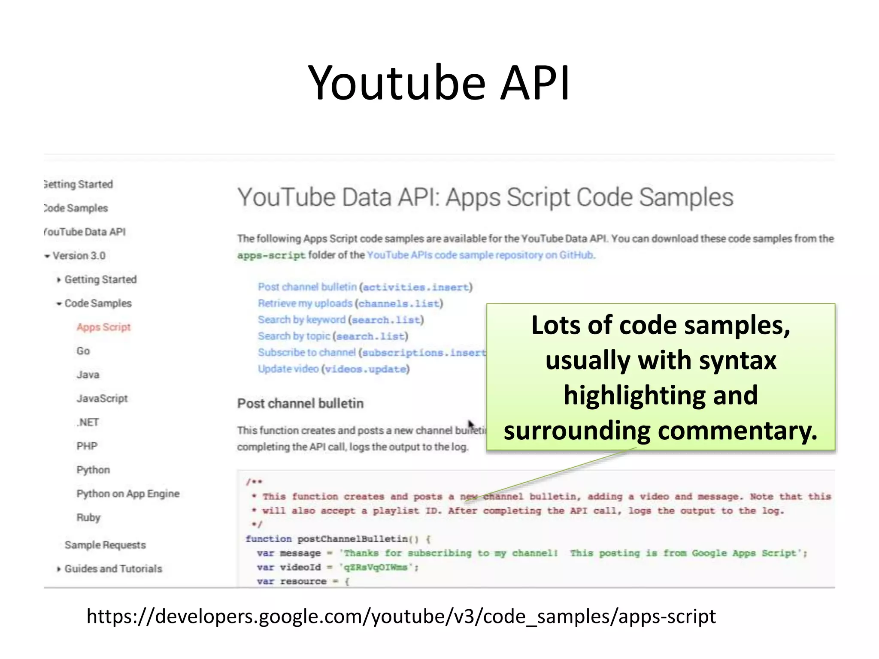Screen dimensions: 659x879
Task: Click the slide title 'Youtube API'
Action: pyautogui.click(x=439, y=82)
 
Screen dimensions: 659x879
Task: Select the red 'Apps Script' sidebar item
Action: pyautogui.click(x=103, y=327)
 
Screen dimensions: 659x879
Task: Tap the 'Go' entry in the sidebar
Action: pyautogui.click(x=83, y=351)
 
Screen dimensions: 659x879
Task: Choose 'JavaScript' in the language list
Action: pyautogui.click(x=102, y=399)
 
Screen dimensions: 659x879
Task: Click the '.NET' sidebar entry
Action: pyautogui.click(x=88, y=422)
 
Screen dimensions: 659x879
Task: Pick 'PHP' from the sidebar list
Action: pyautogui.click(x=87, y=446)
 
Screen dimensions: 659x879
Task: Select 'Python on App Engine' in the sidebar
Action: pyautogui.click(x=128, y=494)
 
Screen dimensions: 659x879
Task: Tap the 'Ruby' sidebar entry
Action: pyautogui.click(x=88, y=517)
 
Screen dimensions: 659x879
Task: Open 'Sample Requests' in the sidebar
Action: pyautogui.click(x=105, y=545)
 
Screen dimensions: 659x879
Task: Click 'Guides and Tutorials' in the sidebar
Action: pyautogui.click(x=113, y=569)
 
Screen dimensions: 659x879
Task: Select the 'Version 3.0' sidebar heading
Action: pyautogui.click(x=79, y=256)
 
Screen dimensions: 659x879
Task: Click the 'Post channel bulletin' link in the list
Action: pyautogui.click(x=307, y=287)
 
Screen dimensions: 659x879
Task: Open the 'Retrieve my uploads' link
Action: pyautogui.click(x=305, y=303)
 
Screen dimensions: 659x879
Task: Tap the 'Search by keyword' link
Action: pyautogui.click(x=302, y=320)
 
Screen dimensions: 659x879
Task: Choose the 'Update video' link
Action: pyautogui.click(x=288, y=369)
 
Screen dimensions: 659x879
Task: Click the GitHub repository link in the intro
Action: pyautogui.click(x=481, y=255)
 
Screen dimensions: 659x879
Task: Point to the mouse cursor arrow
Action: pyautogui.click(x=471, y=425)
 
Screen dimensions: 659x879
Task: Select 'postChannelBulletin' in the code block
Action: pyautogui.click(x=352, y=539)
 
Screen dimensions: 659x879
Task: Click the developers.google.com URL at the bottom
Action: pyautogui.click(x=401, y=617)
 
